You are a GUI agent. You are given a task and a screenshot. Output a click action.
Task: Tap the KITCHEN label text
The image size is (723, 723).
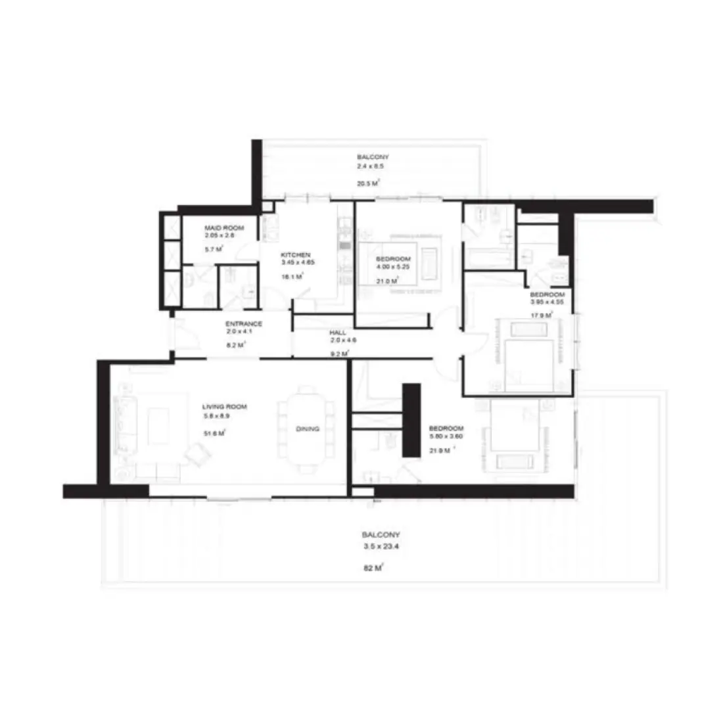click(295, 254)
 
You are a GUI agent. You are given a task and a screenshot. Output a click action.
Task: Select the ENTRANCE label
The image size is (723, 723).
click(244, 324)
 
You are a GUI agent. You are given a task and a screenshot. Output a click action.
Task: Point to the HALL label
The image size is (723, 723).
click(338, 333)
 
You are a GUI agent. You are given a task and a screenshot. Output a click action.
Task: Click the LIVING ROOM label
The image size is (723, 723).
click(225, 407)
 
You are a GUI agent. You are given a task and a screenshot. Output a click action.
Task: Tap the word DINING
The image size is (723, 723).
click(308, 429)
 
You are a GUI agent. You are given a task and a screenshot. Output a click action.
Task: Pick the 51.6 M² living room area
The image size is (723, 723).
click(214, 433)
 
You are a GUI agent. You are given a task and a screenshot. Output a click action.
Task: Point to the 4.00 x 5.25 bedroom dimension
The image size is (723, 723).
click(394, 266)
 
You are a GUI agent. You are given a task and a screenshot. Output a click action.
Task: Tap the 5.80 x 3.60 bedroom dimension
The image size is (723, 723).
click(446, 435)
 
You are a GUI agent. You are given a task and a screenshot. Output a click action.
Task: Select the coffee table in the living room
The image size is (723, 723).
click(158, 427)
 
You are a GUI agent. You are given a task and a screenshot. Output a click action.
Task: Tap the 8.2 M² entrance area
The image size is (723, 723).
click(235, 344)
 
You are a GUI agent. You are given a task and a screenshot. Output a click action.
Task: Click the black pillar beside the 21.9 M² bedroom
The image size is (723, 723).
click(411, 421)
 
